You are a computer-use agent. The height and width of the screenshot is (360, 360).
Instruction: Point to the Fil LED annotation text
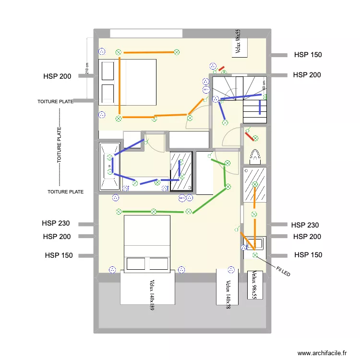tap(283, 272)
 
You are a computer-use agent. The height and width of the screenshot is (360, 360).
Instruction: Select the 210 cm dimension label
tap(87, 69)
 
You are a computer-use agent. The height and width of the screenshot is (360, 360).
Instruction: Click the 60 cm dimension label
tap(264, 85)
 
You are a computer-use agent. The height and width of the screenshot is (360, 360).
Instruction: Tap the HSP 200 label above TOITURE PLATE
tap(57, 76)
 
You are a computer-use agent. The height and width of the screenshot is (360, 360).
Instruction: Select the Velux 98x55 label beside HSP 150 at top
tap(238, 42)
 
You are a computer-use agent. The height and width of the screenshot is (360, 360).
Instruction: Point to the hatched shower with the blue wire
tap(181, 172)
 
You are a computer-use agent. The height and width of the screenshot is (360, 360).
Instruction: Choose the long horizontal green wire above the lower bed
tap(153, 211)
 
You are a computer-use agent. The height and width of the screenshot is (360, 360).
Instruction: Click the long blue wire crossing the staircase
tap(240, 98)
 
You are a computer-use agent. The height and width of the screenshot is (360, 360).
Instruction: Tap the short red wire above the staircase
tap(221, 69)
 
